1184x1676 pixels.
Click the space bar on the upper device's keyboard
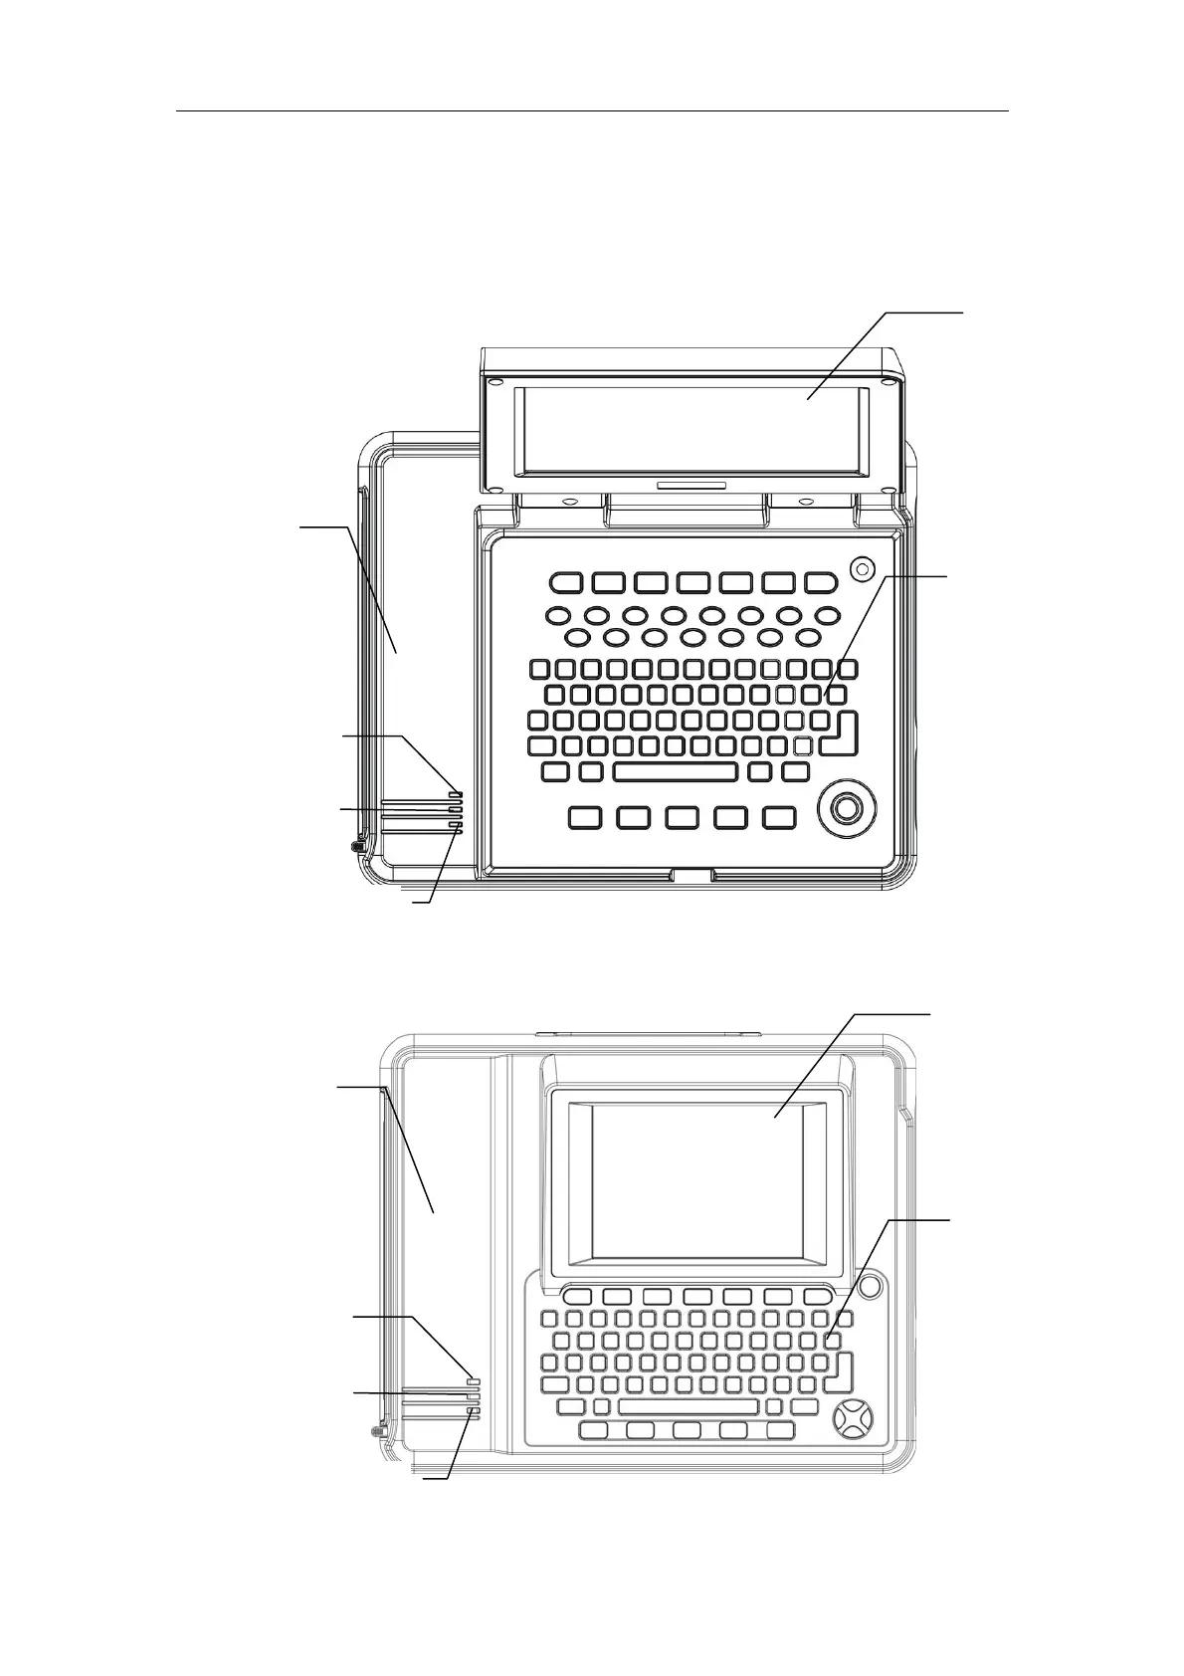click(x=676, y=771)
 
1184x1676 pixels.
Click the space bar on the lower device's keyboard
click(x=688, y=1406)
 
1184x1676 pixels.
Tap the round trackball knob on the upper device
click(x=846, y=808)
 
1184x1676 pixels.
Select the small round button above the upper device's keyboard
click(x=863, y=568)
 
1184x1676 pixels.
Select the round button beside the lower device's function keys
click(x=869, y=1286)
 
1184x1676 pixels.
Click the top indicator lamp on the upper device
click(x=456, y=794)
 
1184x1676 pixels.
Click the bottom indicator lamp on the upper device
click(x=456, y=826)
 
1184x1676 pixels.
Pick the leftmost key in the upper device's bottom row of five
click(x=585, y=817)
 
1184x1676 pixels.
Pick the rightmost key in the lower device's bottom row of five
click(x=780, y=1430)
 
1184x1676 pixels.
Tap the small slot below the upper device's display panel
click(x=691, y=486)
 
